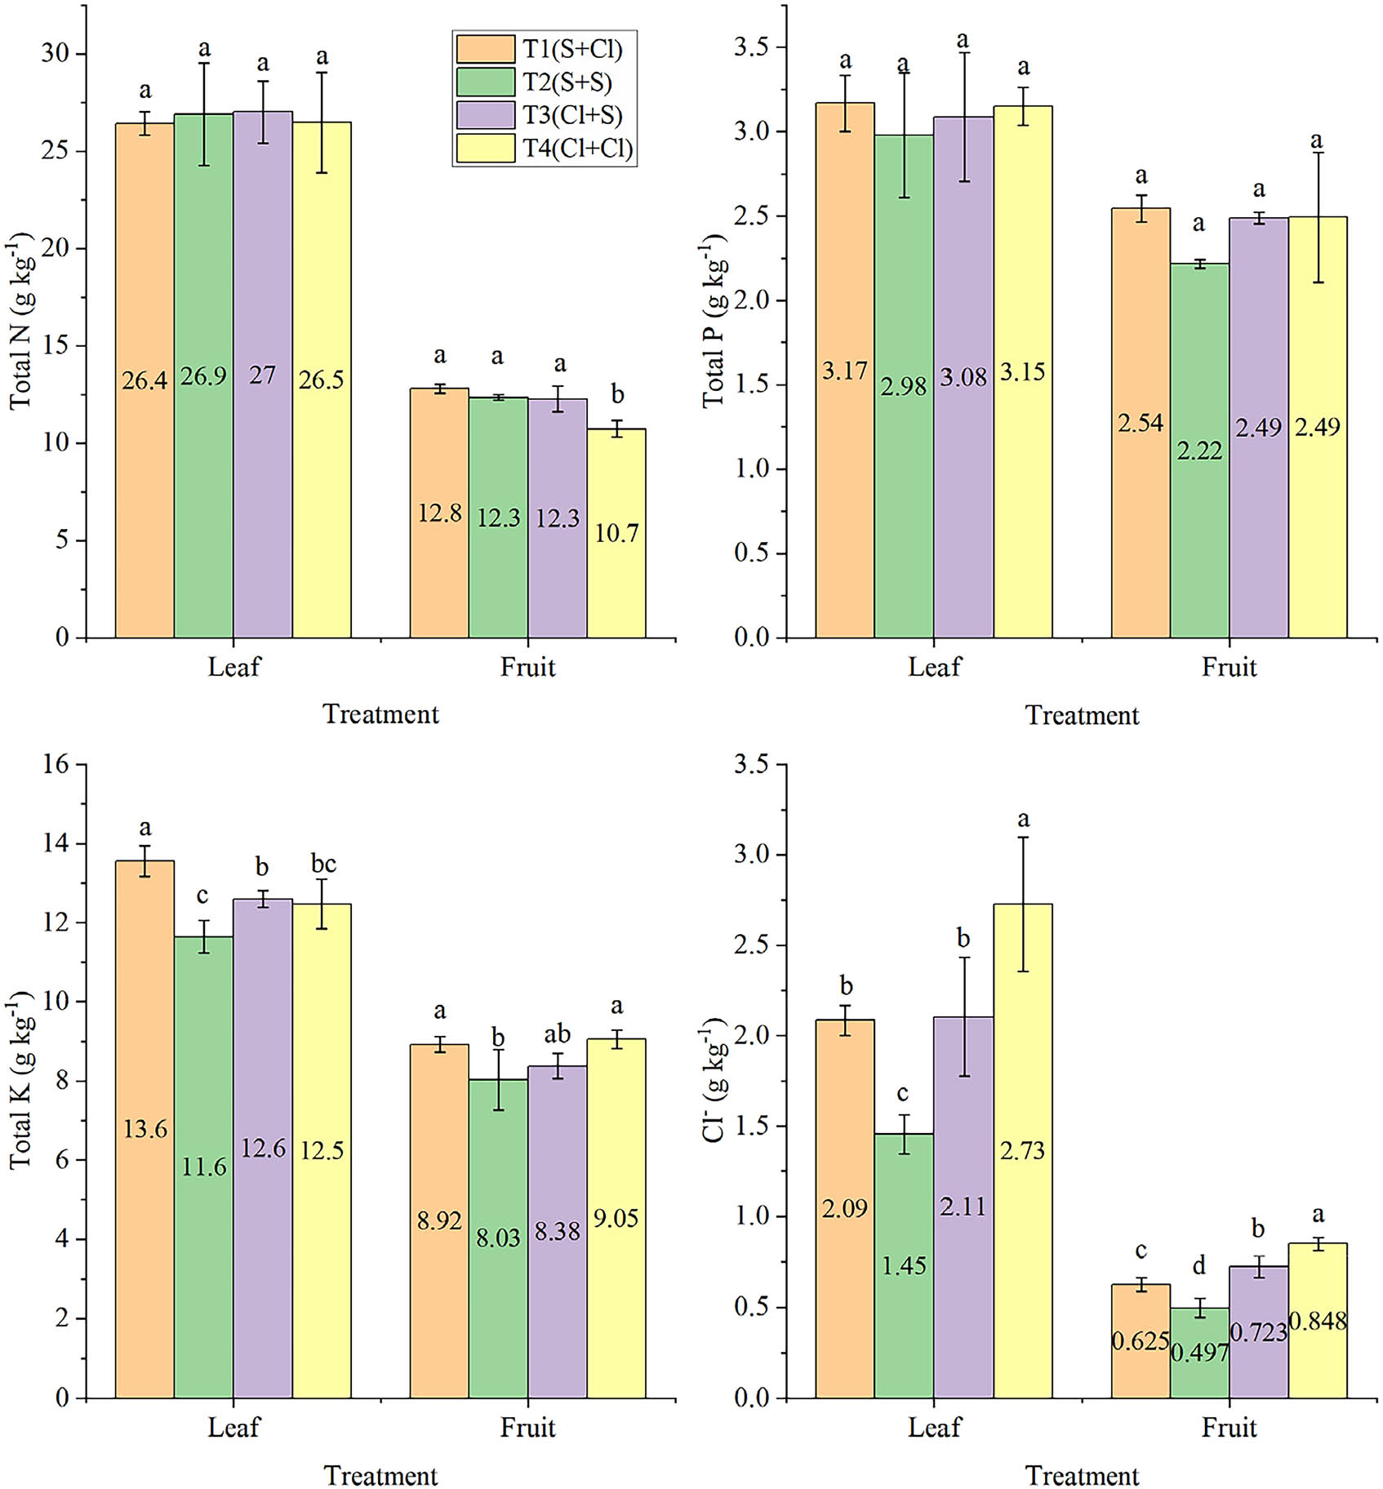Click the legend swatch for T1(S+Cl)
[x=485, y=49]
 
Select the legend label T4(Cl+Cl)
[x=578, y=149]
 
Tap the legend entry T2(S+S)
[x=567, y=82]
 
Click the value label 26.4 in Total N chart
[x=145, y=380]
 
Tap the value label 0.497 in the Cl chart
[x=1199, y=1353]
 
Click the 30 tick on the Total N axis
[x=56, y=54]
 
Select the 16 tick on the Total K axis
[x=56, y=765]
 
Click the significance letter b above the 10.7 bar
[x=617, y=395]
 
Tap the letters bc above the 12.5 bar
[x=323, y=863]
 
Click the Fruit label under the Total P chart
[x=1229, y=668]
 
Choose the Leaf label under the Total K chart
[x=233, y=1428]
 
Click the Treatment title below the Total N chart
[x=380, y=714]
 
